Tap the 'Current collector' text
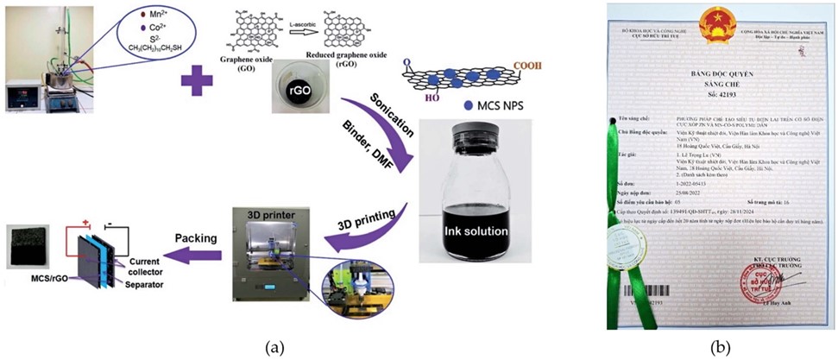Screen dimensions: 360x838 [x=132, y=265]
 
